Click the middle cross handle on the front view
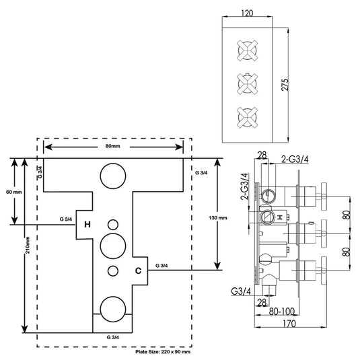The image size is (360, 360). [x=246, y=82]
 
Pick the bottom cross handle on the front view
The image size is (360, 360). [x=246, y=114]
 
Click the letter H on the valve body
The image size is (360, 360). [x=87, y=223]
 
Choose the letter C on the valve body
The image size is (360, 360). [x=137, y=271]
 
